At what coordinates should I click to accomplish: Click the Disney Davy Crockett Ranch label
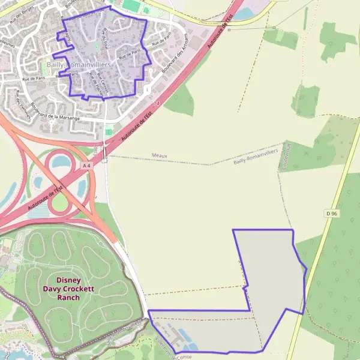click(x=68, y=289)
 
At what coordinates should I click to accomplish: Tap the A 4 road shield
click(x=87, y=165)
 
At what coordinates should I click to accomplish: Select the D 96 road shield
click(x=331, y=214)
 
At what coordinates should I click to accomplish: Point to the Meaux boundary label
click(x=160, y=155)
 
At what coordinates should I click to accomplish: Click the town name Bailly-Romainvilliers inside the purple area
click(x=79, y=63)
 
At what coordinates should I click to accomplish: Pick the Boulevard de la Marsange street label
click(x=55, y=109)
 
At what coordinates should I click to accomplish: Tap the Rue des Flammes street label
click(x=25, y=101)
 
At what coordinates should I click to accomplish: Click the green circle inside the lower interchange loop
click(x=59, y=203)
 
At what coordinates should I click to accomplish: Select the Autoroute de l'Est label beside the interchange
click(x=45, y=197)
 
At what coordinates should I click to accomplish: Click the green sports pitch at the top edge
click(x=131, y=5)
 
